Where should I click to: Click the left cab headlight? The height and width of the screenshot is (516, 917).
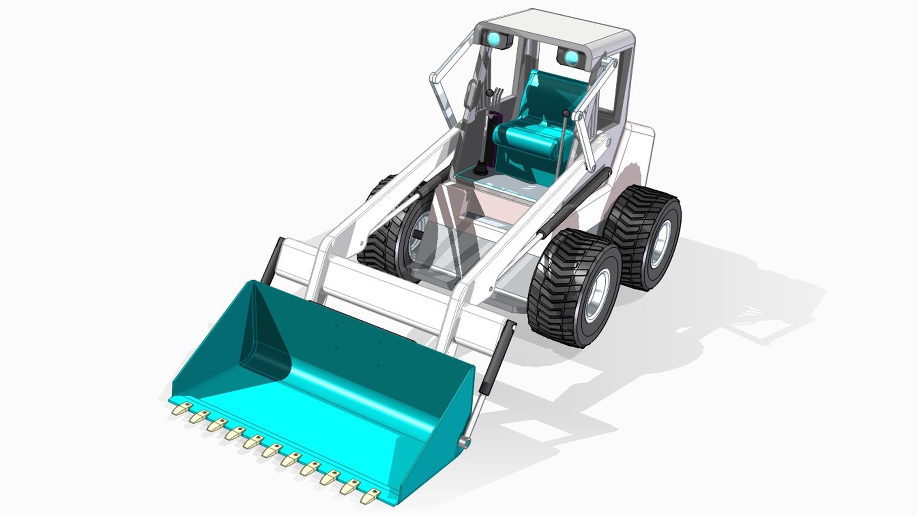coord(495,39)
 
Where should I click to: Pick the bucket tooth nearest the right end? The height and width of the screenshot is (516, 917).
coord(368,496)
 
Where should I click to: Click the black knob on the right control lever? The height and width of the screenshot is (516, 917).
coord(566,114)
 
